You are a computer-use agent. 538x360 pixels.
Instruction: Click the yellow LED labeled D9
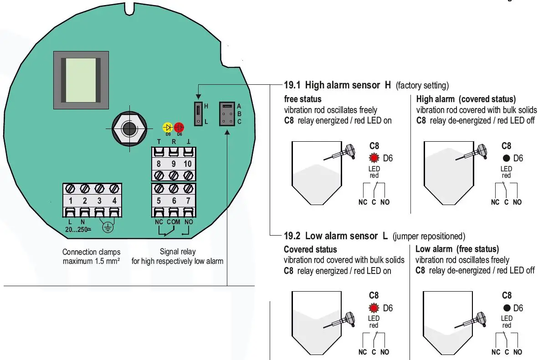(x=168, y=127)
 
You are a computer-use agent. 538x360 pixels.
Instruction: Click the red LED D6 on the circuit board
(x=179, y=127)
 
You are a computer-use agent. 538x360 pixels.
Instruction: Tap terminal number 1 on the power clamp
(x=71, y=201)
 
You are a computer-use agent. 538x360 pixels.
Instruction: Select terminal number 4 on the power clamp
(x=114, y=201)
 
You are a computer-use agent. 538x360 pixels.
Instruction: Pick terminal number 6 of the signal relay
(x=173, y=201)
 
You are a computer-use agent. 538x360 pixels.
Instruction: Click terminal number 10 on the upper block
(x=187, y=164)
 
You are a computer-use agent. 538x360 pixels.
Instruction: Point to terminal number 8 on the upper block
(x=159, y=164)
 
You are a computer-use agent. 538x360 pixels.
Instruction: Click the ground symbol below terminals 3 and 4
(x=108, y=227)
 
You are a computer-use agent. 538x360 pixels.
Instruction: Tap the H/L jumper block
(x=198, y=114)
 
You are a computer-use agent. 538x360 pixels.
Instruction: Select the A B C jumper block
(x=227, y=114)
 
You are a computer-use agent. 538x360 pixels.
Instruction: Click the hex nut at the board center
(x=130, y=128)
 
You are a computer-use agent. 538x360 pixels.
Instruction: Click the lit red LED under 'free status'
(x=374, y=158)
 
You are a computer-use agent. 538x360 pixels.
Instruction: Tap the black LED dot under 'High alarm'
(x=506, y=158)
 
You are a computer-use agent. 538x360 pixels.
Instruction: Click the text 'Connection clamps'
(x=91, y=252)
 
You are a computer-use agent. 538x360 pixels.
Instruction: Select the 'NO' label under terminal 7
(x=187, y=222)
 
